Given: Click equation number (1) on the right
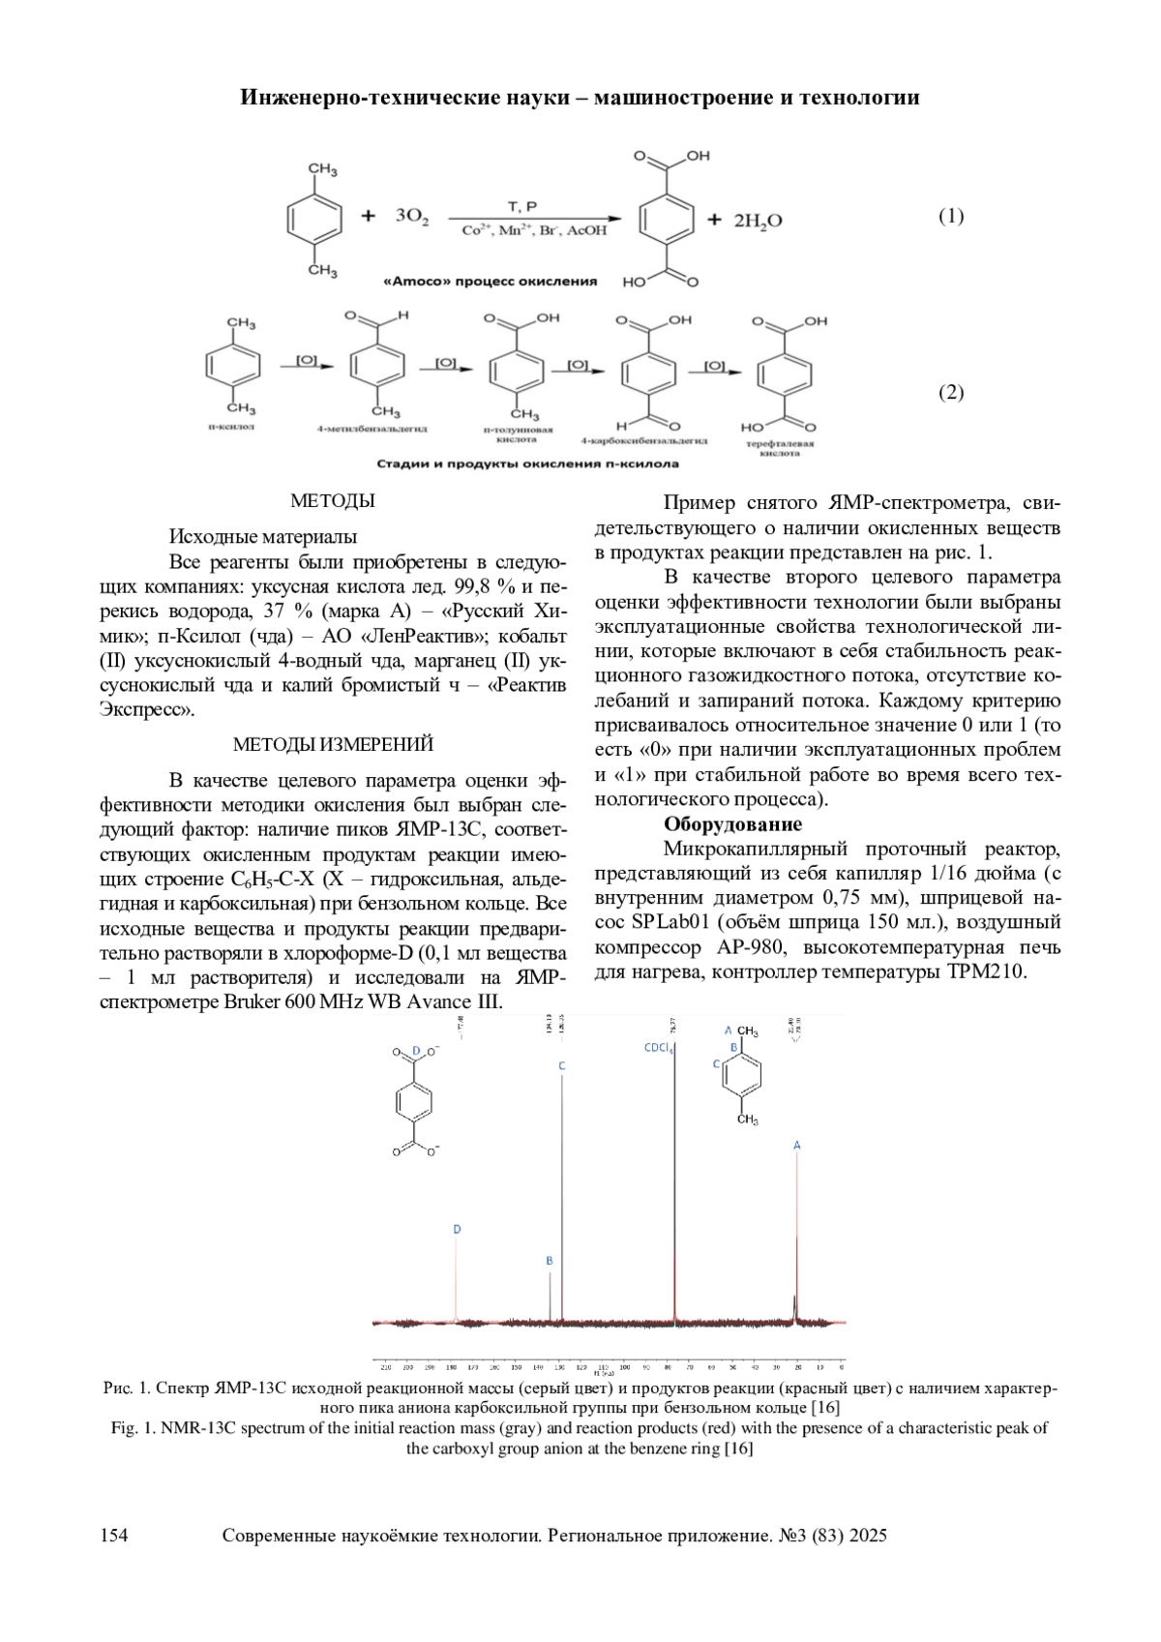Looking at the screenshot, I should tap(951, 216).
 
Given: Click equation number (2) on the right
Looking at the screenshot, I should tap(951, 392).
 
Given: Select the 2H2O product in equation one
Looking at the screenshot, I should tap(758, 221).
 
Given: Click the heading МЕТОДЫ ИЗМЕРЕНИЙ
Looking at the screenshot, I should tap(333, 744).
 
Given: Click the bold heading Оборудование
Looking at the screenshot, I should tap(732, 824).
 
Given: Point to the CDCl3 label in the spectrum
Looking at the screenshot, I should tap(659, 1047).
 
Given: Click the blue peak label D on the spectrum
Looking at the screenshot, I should tap(458, 1229).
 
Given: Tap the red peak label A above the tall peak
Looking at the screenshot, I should tap(797, 1145).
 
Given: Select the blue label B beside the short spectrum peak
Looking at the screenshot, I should tap(550, 1261).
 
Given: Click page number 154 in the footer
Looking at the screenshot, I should tap(115, 1536).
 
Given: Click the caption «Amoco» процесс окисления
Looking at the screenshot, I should tap(491, 282).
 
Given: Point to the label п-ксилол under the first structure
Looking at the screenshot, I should tap(232, 425).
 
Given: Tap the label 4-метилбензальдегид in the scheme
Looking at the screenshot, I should tap(372, 427).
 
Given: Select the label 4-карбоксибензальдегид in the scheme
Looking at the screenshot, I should tap(643, 440).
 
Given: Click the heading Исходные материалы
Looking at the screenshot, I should tap(263, 536).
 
